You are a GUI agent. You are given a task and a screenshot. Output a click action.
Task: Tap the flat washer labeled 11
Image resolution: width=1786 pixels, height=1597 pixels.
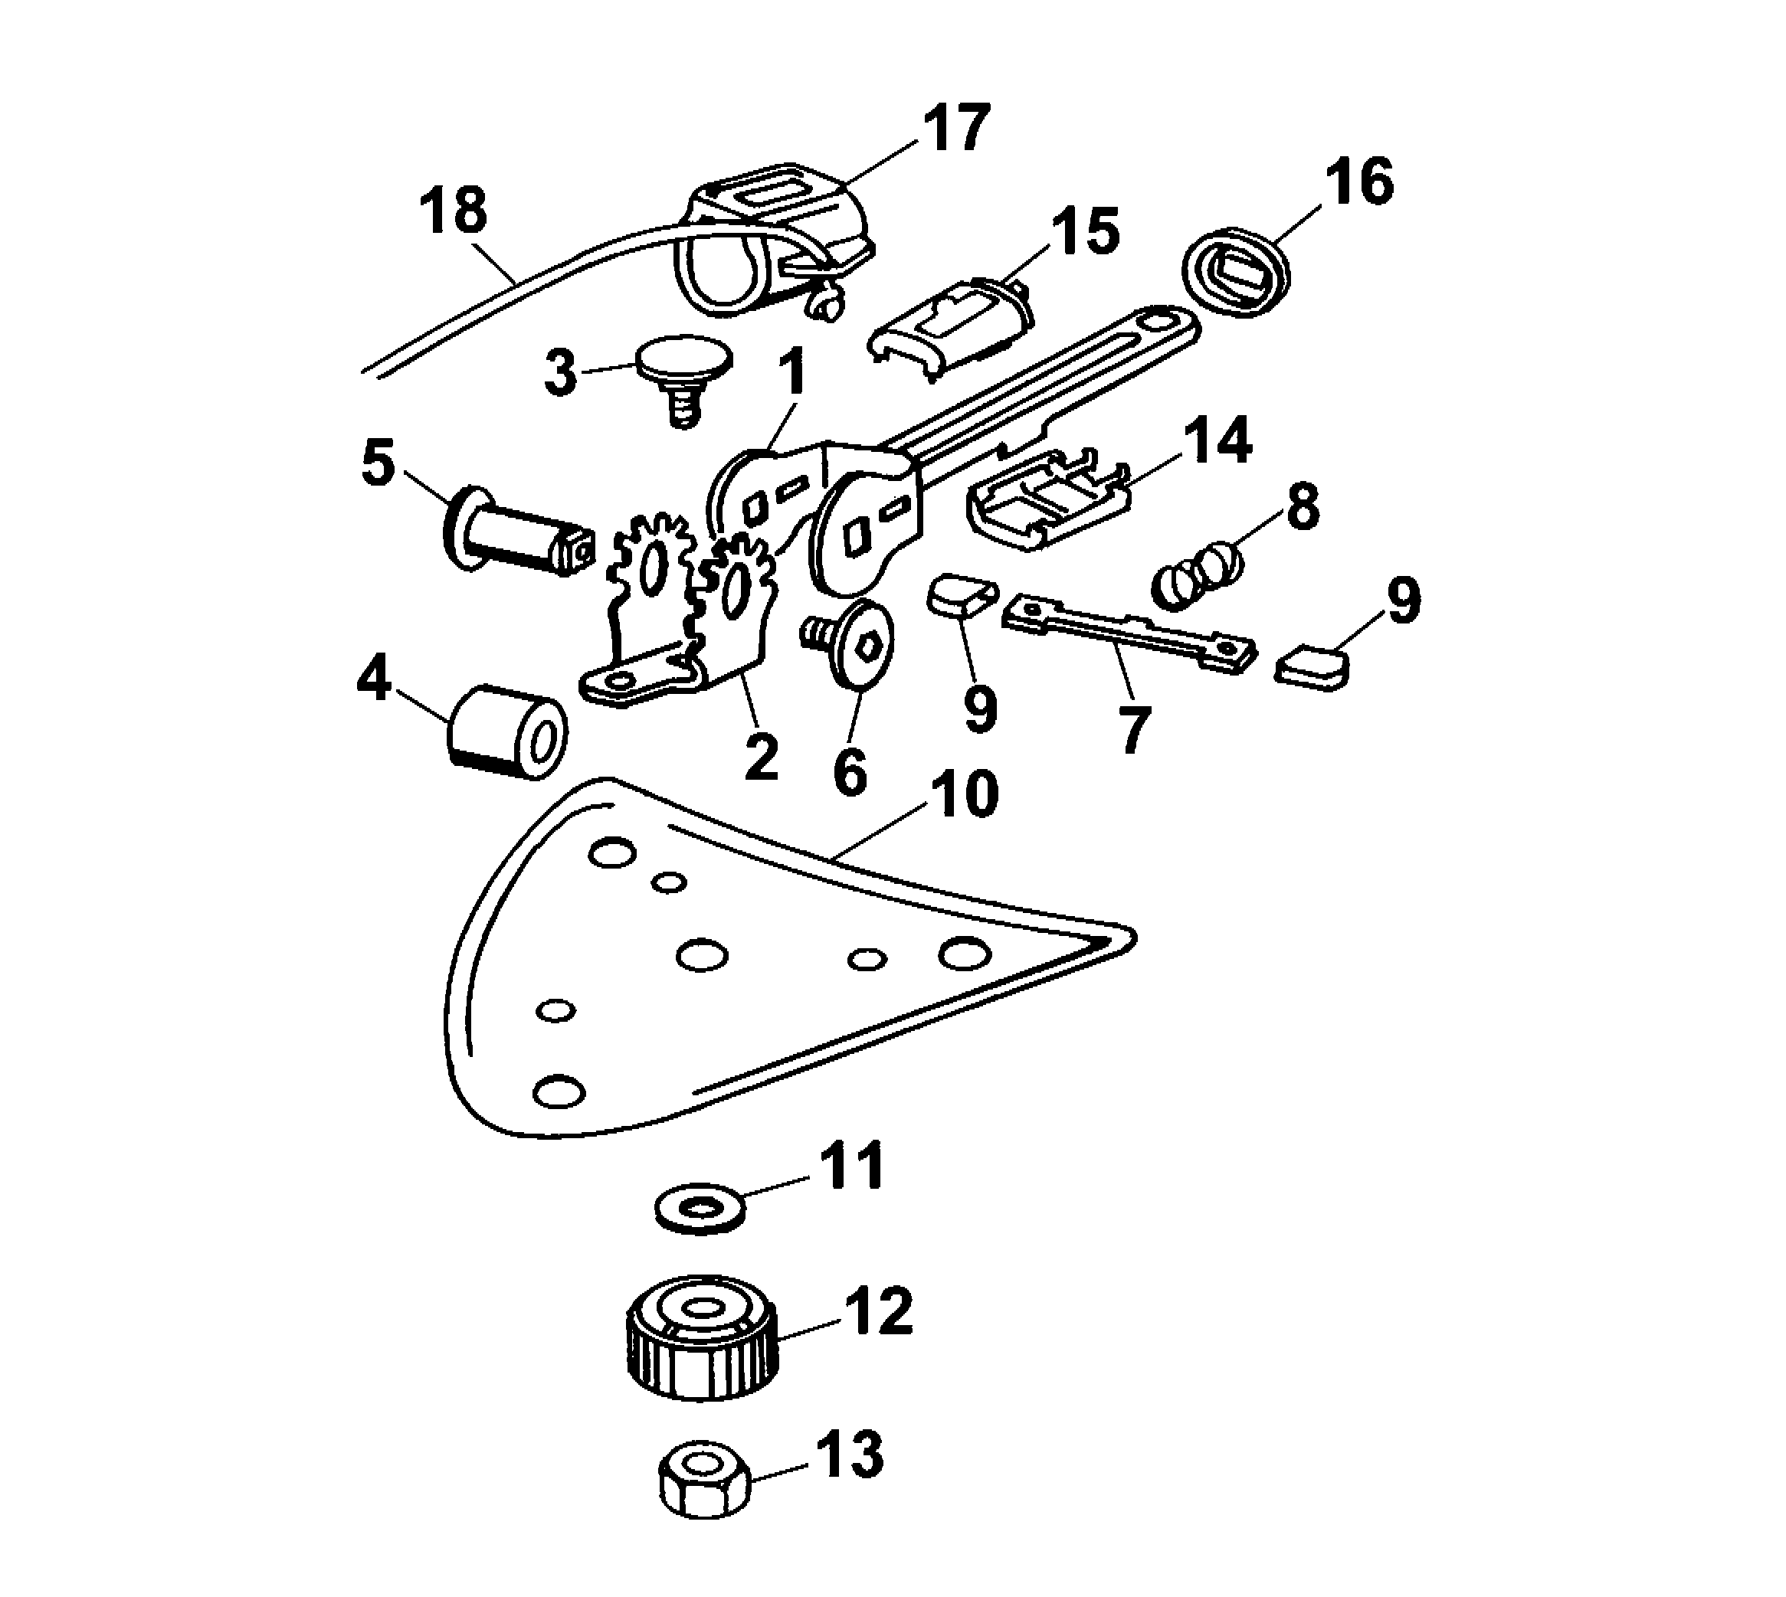point(700,1211)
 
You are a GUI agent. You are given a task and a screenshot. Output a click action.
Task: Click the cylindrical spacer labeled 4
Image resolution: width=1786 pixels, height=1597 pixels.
point(507,730)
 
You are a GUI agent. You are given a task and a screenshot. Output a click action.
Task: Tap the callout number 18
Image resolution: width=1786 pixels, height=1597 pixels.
point(454,213)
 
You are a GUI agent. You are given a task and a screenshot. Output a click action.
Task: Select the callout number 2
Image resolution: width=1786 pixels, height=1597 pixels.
point(760,758)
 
